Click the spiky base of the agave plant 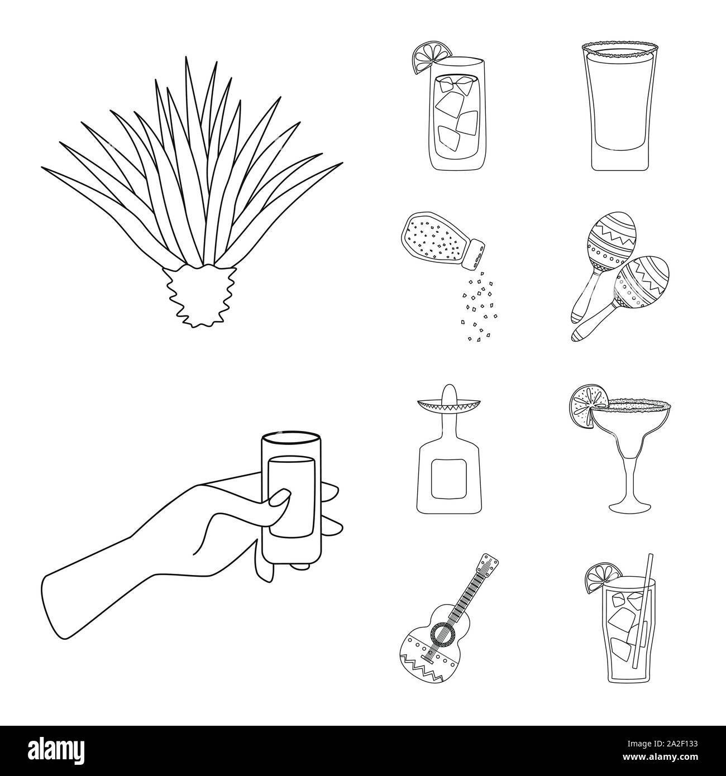[x=199, y=295]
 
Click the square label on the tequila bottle [x=449, y=478]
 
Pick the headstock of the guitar [x=489, y=564]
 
